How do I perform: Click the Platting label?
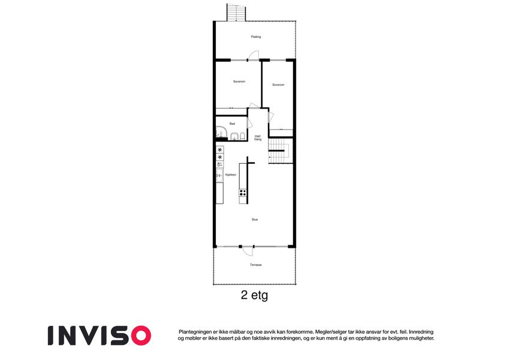(x=256, y=37)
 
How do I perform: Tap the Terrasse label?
(x=256, y=265)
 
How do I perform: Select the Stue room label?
(x=255, y=220)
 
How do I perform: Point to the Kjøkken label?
(x=231, y=175)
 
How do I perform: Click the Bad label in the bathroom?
(x=232, y=124)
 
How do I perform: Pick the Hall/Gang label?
(x=258, y=138)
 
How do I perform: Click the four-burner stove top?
(x=243, y=193)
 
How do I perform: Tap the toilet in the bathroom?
(x=242, y=136)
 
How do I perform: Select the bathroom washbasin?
(x=234, y=136)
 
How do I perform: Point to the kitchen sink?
(x=219, y=175)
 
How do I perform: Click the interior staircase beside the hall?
(x=276, y=151)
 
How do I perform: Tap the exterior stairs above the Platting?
(x=236, y=13)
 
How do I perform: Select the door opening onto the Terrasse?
(x=248, y=251)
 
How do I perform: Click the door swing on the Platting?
(x=254, y=55)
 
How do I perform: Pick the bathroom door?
(x=250, y=123)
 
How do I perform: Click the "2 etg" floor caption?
(x=254, y=295)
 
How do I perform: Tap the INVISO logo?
(x=100, y=335)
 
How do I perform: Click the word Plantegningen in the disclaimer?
(x=195, y=332)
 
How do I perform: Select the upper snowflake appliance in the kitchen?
(x=220, y=150)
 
